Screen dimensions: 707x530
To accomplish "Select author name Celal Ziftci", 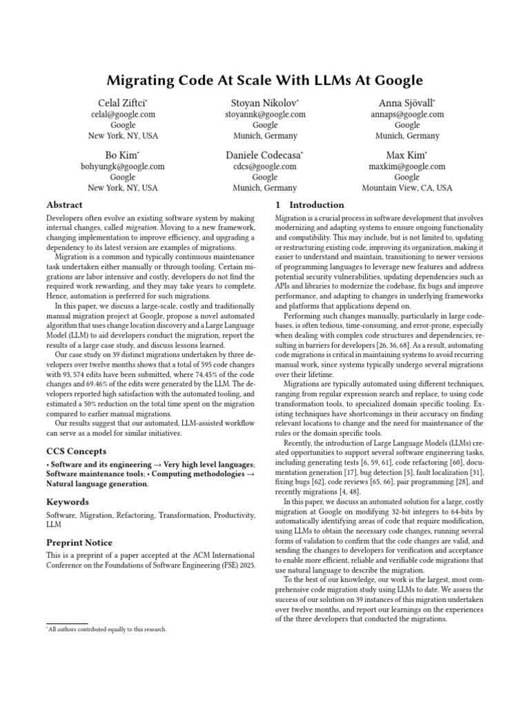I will click(122, 103).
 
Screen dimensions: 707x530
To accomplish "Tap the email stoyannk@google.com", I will click(265, 115).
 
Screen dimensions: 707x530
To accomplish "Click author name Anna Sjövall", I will click(406, 103).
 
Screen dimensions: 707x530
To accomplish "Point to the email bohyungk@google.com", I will click(123, 166).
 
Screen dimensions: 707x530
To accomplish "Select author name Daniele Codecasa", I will click(264, 155).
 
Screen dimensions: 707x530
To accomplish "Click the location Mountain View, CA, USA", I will click(407, 188).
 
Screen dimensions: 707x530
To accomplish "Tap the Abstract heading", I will click(64, 205).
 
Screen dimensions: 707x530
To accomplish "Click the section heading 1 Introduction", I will click(310, 205).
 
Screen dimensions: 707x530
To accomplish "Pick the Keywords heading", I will click(67, 502).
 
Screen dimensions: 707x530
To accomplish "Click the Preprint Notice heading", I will click(79, 543).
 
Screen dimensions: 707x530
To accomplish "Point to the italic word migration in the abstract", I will click(141, 227).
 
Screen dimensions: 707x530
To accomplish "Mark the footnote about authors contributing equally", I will click(108, 630).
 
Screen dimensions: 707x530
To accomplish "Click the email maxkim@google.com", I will click(407, 166).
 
